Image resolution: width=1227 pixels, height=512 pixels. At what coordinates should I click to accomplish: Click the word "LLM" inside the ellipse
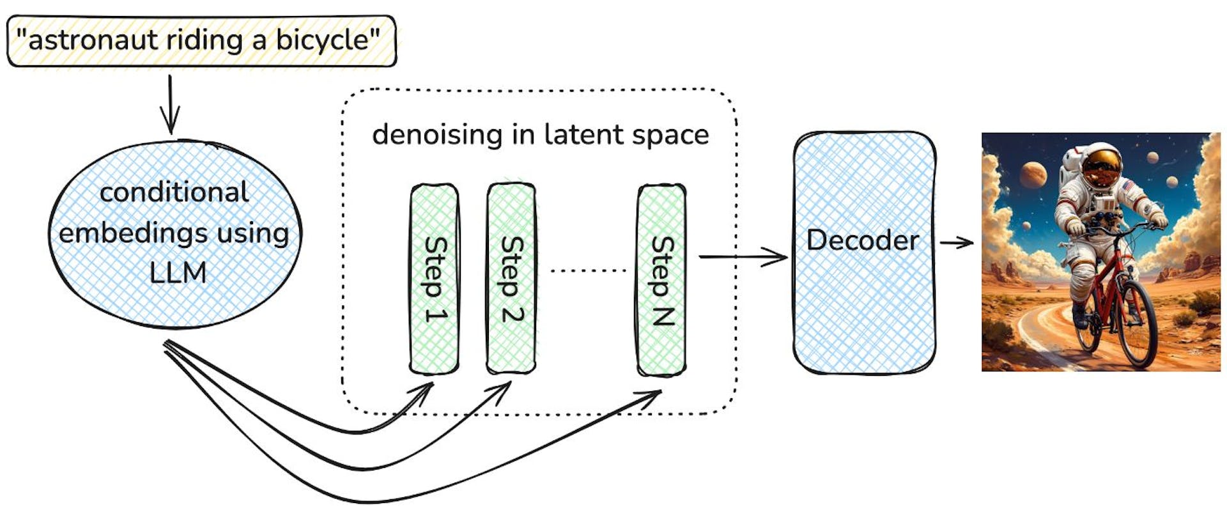coord(178,273)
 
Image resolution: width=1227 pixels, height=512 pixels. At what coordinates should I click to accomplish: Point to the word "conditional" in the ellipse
coord(174,192)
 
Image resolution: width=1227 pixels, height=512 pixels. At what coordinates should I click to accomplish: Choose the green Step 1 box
coord(435,279)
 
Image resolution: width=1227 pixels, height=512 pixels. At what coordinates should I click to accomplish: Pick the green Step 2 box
coord(511,279)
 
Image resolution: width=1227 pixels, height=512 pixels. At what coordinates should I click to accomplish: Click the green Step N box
coord(661,280)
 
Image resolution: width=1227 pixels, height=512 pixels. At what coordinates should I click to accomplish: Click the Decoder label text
coord(863,241)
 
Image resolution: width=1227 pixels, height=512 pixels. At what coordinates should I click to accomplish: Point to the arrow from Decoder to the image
coord(956,242)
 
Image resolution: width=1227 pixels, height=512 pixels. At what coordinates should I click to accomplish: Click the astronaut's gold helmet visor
coord(1100,167)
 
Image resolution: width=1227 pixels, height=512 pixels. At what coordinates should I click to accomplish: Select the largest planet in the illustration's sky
coord(1033,175)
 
